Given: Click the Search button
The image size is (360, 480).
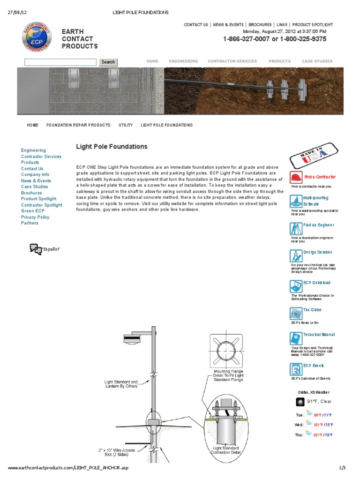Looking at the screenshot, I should pyautogui.click(x=108, y=62).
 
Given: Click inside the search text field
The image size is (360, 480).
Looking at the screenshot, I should pyautogui.click(x=60, y=62).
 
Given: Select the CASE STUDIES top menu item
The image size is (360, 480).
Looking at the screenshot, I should pyautogui.click(x=317, y=61).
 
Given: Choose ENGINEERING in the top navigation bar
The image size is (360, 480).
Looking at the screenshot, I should pyautogui.click(x=183, y=61).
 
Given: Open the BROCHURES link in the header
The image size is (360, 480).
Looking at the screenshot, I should pyautogui.click(x=260, y=25).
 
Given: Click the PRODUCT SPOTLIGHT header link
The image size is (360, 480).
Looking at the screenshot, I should pyautogui.click(x=313, y=25).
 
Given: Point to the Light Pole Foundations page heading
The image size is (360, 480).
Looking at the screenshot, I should pyautogui.click(x=112, y=147).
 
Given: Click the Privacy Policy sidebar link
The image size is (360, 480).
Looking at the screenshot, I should pyautogui.click(x=35, y=217).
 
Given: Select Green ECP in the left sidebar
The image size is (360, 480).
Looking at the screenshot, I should pyautogui.click(x=33, y=211).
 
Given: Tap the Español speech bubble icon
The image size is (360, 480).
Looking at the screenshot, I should pyautogui.click(x=36, y=249).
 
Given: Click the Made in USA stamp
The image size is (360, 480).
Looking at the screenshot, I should pyautogui.click(x=313, y=157).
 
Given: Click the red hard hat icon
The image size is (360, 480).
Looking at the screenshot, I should pyautogui.click(x=296, y=178).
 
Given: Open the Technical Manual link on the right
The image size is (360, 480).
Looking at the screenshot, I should pyautogui.click(x=319, y=335).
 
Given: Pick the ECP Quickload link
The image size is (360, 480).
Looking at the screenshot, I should pyautogui.click(x=316, y=283).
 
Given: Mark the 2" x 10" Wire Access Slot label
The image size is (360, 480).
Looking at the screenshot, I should pyautogui.click(x=117, y=453).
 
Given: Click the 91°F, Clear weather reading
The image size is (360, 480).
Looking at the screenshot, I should pyautogui.click(x=319, y=402).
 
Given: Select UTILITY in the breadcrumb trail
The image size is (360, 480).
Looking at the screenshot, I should pyautogui.click(x=126, y=125).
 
